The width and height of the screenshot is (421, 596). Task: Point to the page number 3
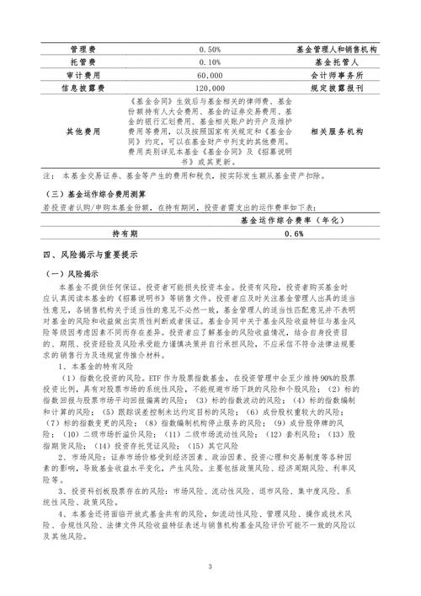tap(210, 566)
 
